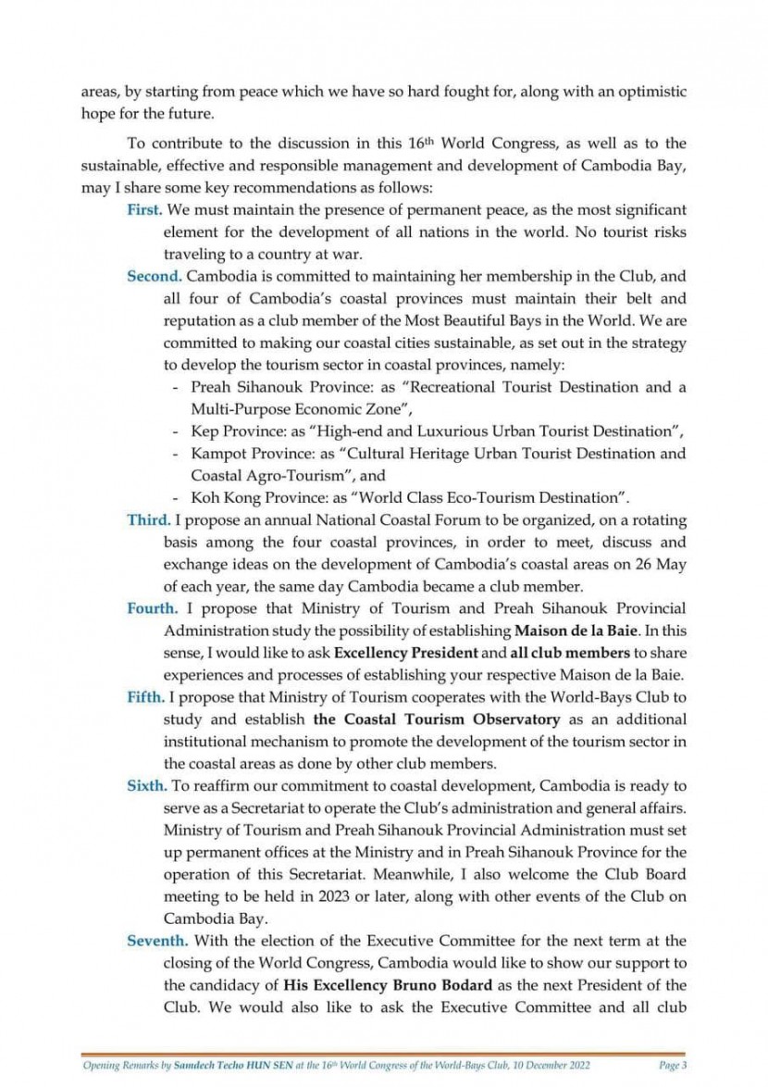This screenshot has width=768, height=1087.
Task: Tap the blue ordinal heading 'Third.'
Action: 148,519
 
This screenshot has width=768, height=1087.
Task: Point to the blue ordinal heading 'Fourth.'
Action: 153,608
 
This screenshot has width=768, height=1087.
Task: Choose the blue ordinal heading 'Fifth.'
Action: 146,697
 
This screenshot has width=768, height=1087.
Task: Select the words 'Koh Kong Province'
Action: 251,497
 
